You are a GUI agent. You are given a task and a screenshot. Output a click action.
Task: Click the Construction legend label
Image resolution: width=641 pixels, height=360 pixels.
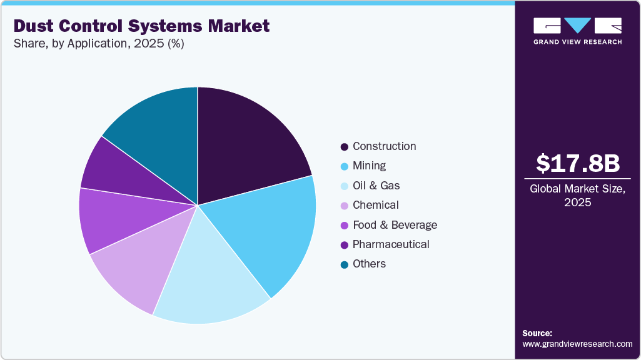pyautogui.click(x=384, y=146)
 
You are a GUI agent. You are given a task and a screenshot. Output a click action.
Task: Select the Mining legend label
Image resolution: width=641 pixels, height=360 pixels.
pyautogui.click(x=369, y=166)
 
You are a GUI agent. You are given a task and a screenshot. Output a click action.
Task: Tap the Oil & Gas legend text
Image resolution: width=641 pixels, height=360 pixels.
pyautogui.click(x=376, y=186)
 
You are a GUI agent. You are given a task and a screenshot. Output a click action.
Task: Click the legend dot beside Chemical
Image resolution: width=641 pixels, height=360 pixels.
pyautogui.click(x=345, y=206)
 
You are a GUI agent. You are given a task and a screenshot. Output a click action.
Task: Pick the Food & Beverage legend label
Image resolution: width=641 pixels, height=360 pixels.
pyautogui.click(x=395, y=225)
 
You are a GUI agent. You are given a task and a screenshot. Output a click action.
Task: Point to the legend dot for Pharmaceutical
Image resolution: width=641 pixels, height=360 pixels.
pyautogui.click(x=345, y=245)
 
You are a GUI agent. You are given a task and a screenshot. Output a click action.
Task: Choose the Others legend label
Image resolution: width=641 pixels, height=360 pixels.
pyautogui.click(x=369, y=264)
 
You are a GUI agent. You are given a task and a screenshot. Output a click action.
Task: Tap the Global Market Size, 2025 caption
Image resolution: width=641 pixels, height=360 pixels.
pyautogui.click(x=578, y=196)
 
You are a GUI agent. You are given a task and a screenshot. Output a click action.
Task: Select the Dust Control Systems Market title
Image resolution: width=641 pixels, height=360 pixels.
pyautogui.click(x=142, y=26)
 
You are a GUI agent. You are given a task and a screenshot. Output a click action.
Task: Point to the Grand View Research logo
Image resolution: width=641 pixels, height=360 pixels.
pyautogui.click(x=577, y=31)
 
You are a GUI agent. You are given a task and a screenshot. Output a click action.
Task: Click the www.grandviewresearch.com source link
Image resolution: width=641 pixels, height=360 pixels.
pyautogui.click(x=577, y=344)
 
